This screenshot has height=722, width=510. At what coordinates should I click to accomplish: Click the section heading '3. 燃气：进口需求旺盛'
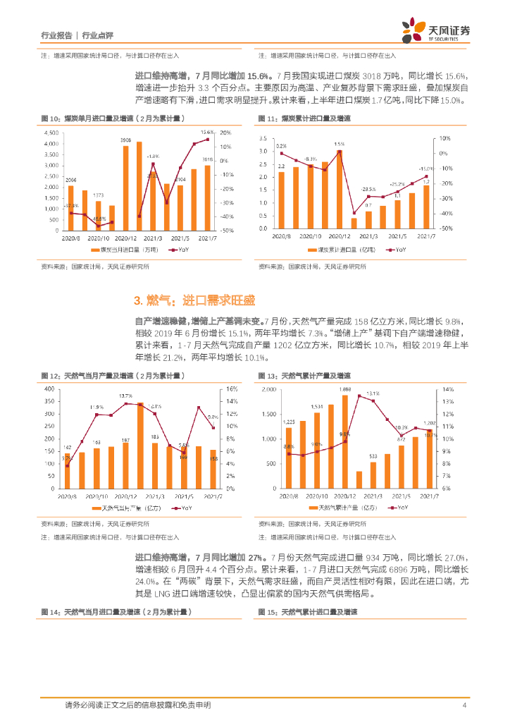point(184,301)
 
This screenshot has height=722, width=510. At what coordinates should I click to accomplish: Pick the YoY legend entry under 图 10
point(182,250)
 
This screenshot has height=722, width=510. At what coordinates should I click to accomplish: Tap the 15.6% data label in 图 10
point(206,132)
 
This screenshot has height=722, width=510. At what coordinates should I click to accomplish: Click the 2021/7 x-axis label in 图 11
point(429,236)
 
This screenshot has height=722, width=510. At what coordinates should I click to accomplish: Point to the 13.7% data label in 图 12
point(126,396)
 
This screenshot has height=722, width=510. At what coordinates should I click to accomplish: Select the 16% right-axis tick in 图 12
point(231,389)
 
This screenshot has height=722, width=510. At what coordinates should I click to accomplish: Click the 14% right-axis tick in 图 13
point(445,389)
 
